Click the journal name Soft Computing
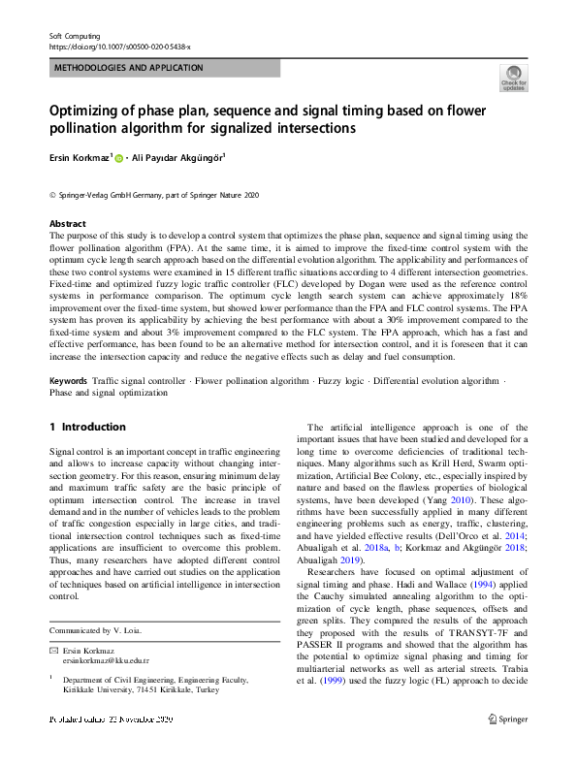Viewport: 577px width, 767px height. coord(75,35)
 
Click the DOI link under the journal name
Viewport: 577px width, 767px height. coord(119,46)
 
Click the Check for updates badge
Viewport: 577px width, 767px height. coord(513,78)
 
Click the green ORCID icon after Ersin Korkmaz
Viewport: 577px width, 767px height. coord(120,156)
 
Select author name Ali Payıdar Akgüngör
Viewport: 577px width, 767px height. coord(181,156)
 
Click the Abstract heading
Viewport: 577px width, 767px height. coord(67,223)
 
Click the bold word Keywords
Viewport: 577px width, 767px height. coord(68,381)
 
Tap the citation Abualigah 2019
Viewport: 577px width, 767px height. coord(334,559)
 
